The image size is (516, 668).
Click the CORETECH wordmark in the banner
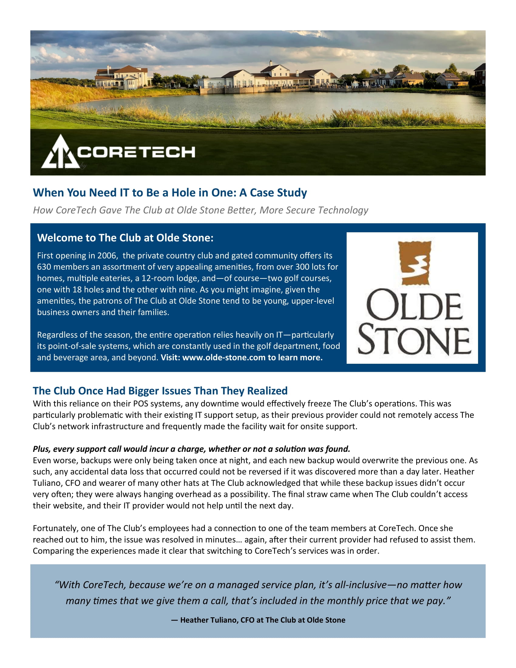click(136, 152)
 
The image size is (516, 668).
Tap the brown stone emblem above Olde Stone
click(416, 263)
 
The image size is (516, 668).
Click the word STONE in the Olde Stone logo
click(414, 340)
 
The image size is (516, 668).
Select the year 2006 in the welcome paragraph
click(106, 255)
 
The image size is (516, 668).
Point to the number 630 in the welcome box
click(44, 267)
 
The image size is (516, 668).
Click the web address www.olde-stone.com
click(224, 357)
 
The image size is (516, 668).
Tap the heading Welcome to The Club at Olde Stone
click(125, 238)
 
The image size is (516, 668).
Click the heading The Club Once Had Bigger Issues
click(160, 390)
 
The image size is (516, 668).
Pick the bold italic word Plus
click(41, 449)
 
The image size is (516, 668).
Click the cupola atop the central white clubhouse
click(270, 64)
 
